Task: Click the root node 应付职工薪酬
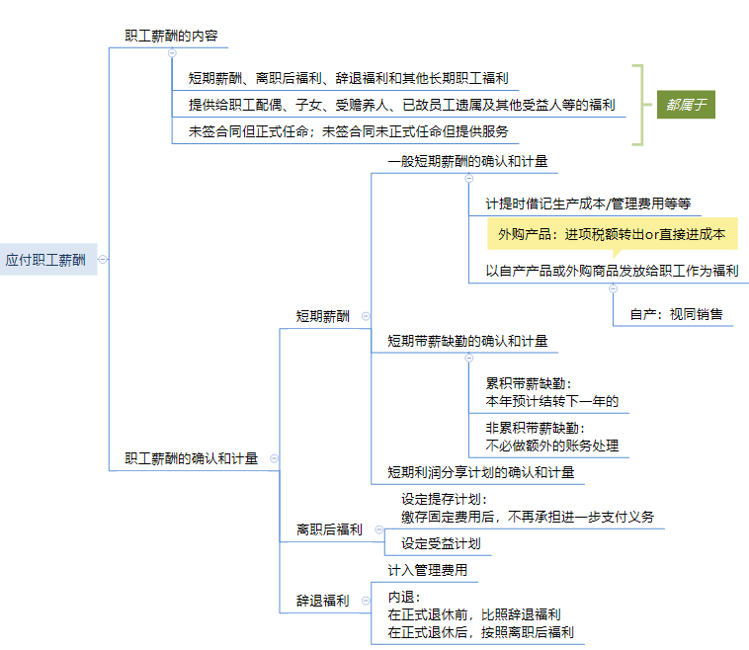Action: point(45,260)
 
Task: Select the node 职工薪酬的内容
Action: point(171,36)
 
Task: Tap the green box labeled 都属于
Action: point(686,103)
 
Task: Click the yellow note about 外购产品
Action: point(612,234)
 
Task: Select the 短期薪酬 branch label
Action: point(322,316)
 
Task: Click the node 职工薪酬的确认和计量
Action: point(191,458)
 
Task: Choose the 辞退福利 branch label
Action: point(322,600)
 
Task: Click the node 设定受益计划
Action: point(441,543)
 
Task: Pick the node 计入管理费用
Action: point(427,570)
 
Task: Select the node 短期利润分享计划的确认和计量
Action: point(480,472)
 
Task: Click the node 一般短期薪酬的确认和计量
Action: point(467,161)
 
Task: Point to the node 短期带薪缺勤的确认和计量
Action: point(467,341)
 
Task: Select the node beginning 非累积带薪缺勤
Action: point(551,437)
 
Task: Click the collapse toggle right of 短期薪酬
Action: point(366,316)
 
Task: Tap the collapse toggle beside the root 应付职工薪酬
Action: point(103,260)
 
